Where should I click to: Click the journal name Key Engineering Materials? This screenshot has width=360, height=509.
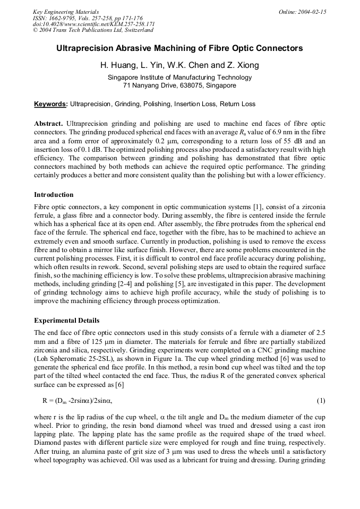coord(65,12)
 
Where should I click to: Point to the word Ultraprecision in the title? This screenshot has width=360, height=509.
coord(83,48)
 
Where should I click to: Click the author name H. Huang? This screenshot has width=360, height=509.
coord(116,66)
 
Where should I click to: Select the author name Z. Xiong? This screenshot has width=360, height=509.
coord(244,66)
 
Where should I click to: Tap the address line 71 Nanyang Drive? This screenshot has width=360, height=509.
coord(179,85)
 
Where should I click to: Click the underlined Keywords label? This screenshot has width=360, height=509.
coord(50,104)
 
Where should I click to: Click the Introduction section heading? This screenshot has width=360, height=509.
coord(54,195)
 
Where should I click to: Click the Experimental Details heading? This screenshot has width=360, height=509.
coord(66,321)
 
